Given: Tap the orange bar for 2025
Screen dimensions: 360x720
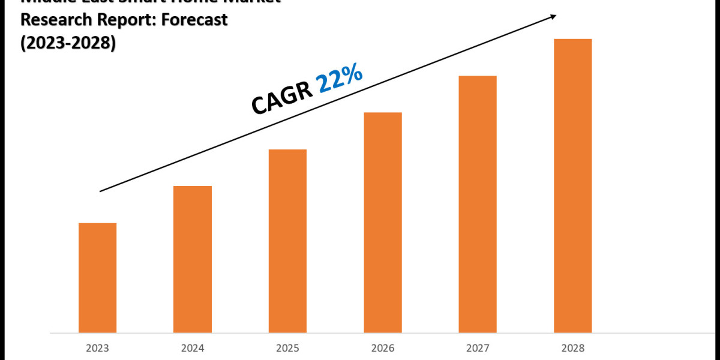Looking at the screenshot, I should (287, 241).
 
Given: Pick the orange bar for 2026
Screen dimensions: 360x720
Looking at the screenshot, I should (383, 222).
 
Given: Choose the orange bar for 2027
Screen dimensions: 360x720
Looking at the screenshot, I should (478, 204).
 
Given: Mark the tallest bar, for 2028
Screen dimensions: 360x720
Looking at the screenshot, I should (572, 185).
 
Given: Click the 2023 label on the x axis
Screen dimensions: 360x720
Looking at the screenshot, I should (97, 348).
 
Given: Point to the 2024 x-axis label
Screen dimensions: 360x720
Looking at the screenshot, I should (193, 348).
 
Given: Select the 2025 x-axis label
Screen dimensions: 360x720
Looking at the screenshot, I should (287, 348).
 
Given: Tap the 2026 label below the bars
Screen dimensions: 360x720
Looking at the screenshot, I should (383, 348).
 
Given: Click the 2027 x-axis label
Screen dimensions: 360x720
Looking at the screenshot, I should (478, 348).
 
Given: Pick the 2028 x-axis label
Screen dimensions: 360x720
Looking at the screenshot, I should (572, 348).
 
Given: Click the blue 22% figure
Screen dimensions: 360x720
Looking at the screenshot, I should (340, 80).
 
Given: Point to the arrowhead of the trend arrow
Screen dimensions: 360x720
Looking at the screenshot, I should (553, 17).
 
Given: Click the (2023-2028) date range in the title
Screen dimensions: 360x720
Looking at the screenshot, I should (68, 43).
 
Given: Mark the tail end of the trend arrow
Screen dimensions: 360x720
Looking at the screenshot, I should (101, 191).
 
